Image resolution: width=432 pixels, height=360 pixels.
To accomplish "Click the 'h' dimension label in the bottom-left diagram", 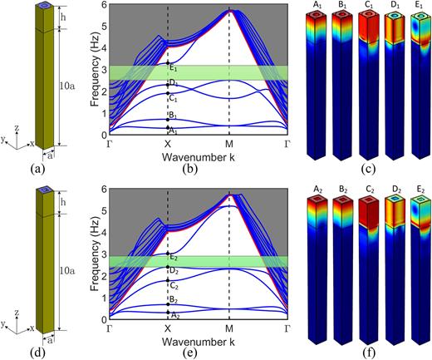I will click(74, 204).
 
